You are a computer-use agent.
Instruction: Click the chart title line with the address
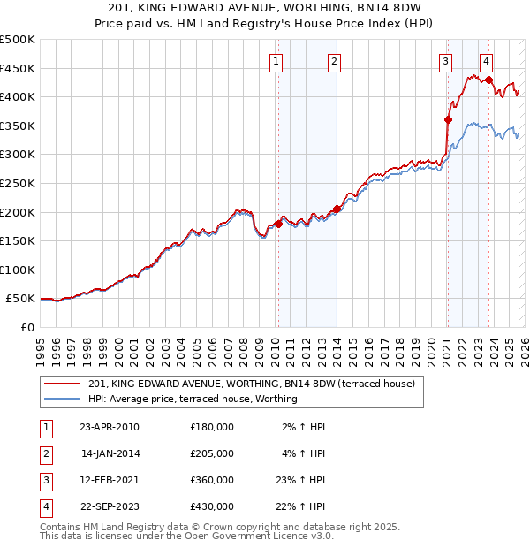point(265,8)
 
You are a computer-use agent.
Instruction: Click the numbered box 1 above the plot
point(277,61)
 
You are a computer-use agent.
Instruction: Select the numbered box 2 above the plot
point(335,61)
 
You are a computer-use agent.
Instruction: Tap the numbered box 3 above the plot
point(445,61)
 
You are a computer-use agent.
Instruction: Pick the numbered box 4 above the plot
point(487,61)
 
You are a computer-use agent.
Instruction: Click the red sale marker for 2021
point(448,119)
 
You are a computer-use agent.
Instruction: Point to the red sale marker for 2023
point(489,80)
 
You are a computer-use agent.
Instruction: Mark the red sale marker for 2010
point(278,224)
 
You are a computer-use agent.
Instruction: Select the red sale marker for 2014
point(337,209)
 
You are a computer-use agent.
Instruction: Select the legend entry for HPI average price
point(193,399)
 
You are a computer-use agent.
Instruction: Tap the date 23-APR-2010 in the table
point(109,427)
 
